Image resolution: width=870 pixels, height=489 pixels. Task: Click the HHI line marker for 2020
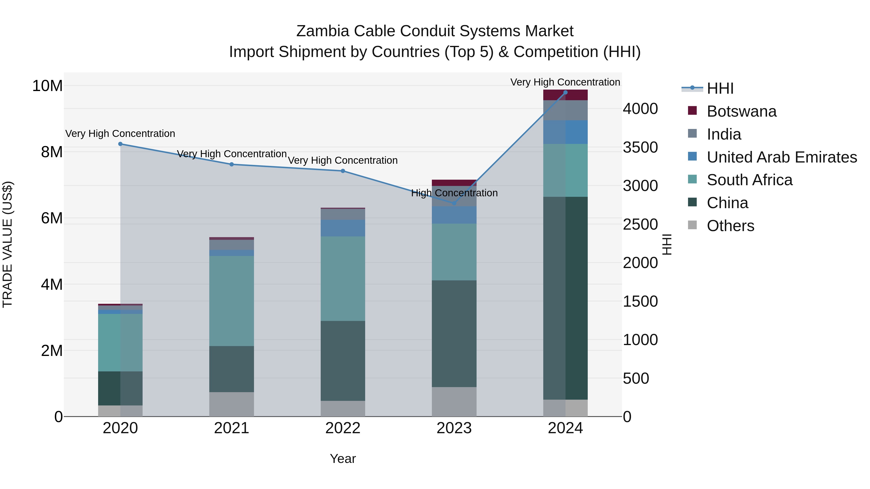point(120,144)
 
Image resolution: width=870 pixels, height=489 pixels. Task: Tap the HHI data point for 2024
point(565,92)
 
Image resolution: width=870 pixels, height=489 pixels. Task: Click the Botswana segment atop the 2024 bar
point(565,95)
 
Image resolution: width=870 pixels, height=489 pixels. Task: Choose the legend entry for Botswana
point(741,111)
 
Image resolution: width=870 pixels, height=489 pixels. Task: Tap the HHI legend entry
point(719,88)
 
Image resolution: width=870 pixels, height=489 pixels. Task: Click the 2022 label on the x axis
point(343,428)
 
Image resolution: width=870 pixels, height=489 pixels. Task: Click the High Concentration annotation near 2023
point(454,193)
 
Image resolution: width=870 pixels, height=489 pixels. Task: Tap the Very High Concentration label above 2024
point(565,82)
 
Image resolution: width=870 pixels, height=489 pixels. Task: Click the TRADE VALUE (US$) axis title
point(7,244)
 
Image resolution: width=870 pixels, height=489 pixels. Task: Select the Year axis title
point(343,459)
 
